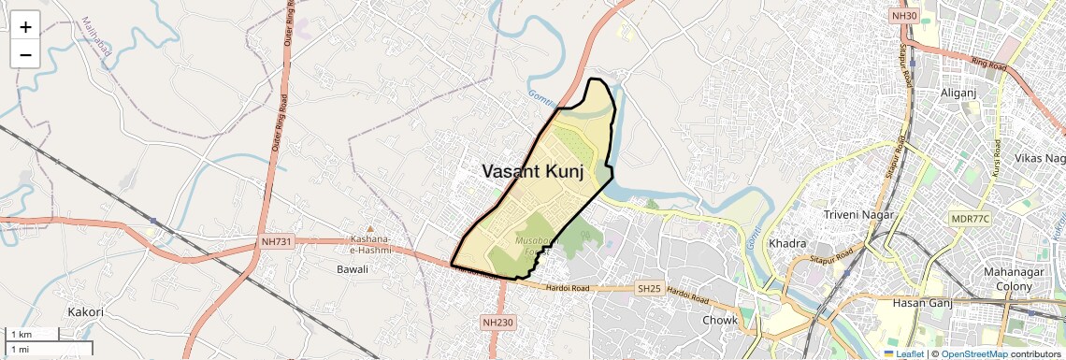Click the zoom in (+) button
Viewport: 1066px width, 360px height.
[25, 27]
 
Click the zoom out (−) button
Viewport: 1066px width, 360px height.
[25, 55]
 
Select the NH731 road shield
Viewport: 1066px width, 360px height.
[278, 243]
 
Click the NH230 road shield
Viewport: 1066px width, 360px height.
[497, 323]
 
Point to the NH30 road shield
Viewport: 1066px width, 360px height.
[904, 16]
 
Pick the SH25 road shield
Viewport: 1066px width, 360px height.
[649, 289]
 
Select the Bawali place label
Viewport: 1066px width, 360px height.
[353, 269]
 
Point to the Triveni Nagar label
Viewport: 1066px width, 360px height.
[859, 215]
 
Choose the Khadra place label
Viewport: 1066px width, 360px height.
[786, 244]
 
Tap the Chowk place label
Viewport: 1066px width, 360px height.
[720, 321]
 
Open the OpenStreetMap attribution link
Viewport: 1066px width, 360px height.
[974, 354]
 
